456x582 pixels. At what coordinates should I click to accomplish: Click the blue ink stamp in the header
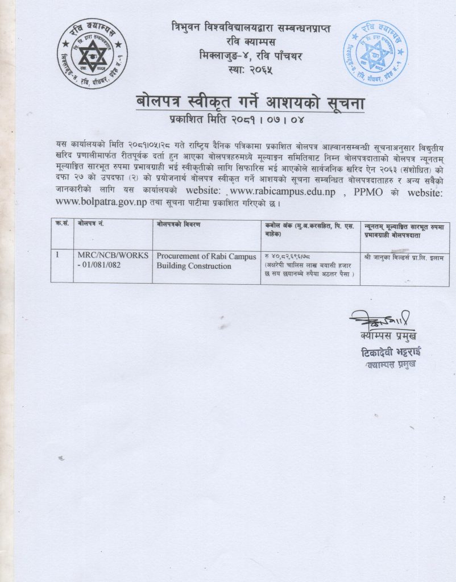pos(374,53)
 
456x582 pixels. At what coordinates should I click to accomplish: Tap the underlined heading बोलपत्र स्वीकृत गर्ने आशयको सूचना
pos(251,103)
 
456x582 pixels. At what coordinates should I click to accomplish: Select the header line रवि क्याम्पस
pos(250,42)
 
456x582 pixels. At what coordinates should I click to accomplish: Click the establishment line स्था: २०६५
pos(250,70)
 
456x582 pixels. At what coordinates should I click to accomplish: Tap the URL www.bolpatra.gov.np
pos(100,202)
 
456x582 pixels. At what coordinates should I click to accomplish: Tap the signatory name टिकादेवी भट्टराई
pos(391,352)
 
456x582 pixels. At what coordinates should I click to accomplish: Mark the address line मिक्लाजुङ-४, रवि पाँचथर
pos(250,56)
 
